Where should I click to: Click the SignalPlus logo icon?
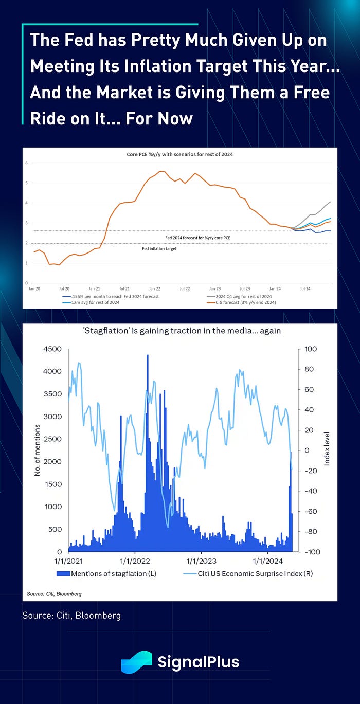[x=137, y=662]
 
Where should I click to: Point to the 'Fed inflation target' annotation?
[x=159, y=248]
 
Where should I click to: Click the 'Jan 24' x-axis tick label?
[x=275, y=288]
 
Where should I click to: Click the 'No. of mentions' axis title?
[x=37, y=450]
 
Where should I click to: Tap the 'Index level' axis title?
[x=327, y=450]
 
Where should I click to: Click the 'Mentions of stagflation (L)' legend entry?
[x=114, y=573]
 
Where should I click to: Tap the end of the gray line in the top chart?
[x=330, y=202]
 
